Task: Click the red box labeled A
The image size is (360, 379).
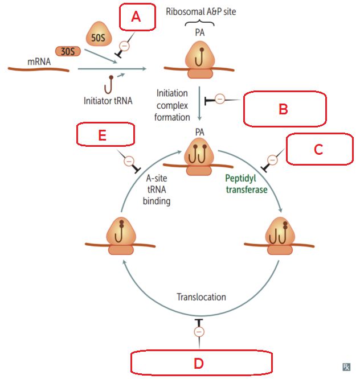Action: tap(137, 18)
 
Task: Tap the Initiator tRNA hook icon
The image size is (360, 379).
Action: tap(108, 86)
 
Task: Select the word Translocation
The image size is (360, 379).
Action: tap(201, 297)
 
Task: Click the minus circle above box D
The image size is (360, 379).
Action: tap(199, 331)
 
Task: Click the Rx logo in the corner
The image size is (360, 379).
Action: tap(346, 367)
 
